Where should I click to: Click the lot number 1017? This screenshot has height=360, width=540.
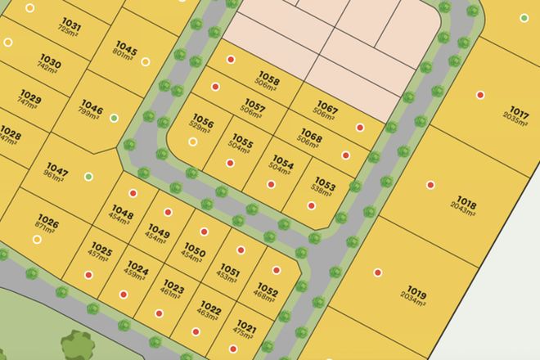(x=519, y=111)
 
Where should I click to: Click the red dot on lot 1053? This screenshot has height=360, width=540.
(x=311, y=205)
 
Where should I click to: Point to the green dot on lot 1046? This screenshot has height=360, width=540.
(x=114, y=118)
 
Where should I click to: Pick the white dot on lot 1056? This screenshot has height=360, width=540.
(x=193, y=142)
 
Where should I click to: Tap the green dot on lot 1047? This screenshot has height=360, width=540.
(x=88, y=177)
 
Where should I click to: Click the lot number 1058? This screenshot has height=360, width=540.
(x=268, y=81)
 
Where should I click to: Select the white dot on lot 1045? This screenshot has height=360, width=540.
(x=146, y=61)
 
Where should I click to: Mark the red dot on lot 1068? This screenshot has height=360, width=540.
(x=345, y=155)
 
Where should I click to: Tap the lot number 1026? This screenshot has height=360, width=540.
(x=48, y=221)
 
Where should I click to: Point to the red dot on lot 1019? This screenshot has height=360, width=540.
(x=378, y=273)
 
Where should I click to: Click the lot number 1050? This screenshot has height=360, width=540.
(x=194, y=249)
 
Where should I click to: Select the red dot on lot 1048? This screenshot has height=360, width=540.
(x=133, y=194)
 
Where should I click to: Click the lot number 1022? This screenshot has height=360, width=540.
(x=210, y=308)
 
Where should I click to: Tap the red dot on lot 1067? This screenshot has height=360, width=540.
(x=360, y=127)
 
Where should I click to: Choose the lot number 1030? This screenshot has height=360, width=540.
(x=51, y=62)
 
